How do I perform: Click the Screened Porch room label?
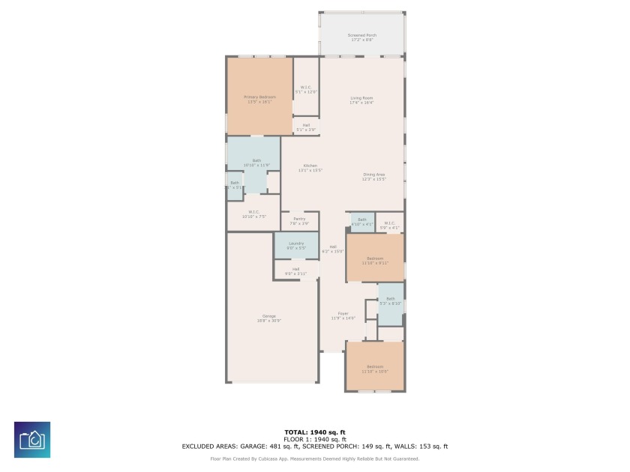tap(361, 37)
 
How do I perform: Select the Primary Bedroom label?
tap(259, 99)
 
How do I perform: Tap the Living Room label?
tap(361, 100)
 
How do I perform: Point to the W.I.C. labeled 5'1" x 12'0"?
tap(306, 89)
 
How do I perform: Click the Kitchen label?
tap(310, 167)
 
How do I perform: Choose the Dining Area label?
tap(373, 176)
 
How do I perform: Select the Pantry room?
tap(299, 221)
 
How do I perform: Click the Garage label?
tap(268, 318)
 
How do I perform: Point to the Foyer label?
tap(343, 315)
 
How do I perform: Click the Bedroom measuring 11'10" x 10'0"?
tap(374, 368)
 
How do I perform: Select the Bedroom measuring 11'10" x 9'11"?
tap(375, 260)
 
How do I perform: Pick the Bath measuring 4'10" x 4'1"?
tap(362, 222)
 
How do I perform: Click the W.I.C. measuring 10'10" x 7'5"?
tap(253, 214)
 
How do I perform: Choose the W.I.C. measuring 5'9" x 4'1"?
tap(389, 225)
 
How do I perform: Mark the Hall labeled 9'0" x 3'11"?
tap(296, 271)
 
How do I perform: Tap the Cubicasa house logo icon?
tap(32, 440)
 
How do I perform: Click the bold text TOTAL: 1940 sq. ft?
tap(315, 432)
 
